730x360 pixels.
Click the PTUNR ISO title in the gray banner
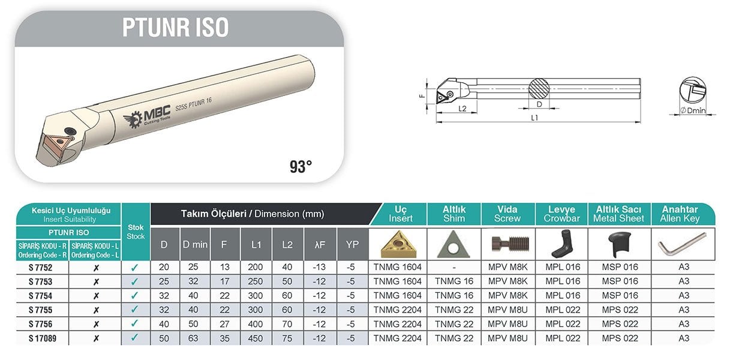176,28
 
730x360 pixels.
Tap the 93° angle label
301,167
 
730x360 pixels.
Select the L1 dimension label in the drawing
534,118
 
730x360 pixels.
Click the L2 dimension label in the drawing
462,108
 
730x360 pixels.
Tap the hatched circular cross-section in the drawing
539,88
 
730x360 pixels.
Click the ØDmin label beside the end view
693,110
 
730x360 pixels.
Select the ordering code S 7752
40,268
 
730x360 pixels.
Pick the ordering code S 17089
43,338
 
